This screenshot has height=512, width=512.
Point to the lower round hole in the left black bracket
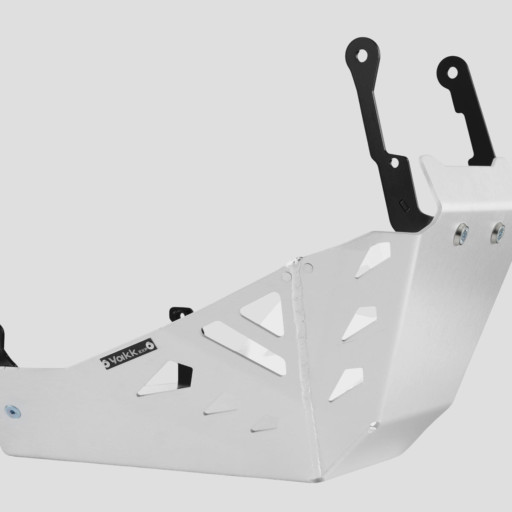[x=394, y=163]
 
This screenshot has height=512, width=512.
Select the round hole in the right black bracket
[x=452, y=73]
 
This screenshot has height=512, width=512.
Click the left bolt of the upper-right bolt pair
[x=461, y=234]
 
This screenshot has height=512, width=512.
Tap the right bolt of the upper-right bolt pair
[x=497, y=233]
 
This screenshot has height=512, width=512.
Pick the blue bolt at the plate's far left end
[x=13, y=412]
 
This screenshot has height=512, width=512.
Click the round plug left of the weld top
[x=286, y=276]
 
